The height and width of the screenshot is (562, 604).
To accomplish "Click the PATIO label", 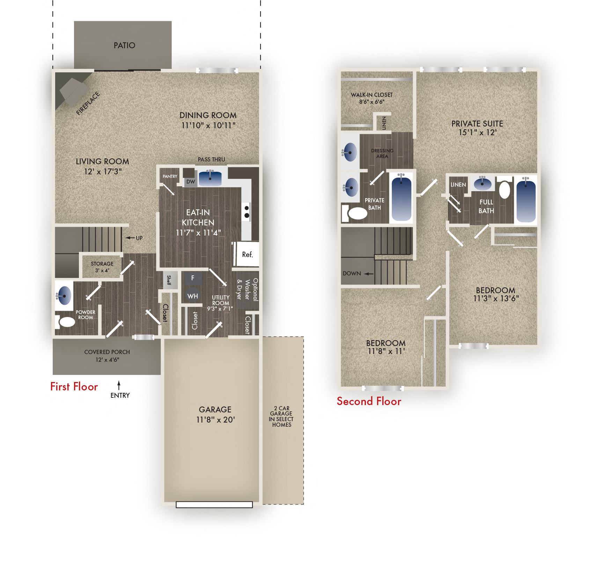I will tap(124, 45).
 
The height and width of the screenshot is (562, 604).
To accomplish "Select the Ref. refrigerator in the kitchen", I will tap(247, 254).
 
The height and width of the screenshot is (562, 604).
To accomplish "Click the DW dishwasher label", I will tap(191, 182).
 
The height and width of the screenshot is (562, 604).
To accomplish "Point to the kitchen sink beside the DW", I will tap(210, 178).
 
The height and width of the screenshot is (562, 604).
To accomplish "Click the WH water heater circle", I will tap(192, 296).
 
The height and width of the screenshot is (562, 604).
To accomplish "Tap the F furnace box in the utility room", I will tap(192, 278).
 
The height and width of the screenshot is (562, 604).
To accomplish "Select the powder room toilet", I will tap(67, 322).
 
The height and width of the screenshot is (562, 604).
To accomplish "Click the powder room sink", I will tap(64, 295).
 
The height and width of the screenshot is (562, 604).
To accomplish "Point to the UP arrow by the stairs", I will tap(130, 238).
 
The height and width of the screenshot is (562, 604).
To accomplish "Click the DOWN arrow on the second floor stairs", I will tap(368, 274).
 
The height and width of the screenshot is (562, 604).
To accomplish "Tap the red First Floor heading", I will tap(74, 387).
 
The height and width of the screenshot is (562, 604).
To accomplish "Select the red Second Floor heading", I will tap(369, 401).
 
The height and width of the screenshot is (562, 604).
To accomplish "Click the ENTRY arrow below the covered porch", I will tap(119, 385).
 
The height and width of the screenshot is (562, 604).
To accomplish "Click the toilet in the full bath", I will tap(504, 190).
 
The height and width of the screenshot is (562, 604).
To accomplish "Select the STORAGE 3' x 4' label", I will tap(102, 267).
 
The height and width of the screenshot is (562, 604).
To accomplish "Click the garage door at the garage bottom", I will tap(214, 504).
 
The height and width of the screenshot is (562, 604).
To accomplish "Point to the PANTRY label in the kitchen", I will tap(170, 176).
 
